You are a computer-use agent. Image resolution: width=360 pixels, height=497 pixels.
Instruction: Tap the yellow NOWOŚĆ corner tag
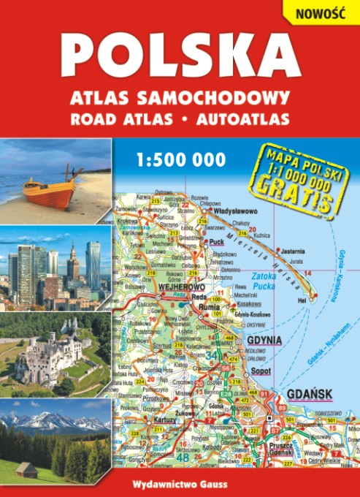click(319, 10)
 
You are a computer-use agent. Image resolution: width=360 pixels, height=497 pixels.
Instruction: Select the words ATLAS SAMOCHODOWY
click(180, 97)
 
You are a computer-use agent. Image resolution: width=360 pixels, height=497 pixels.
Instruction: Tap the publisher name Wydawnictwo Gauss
click(180, 483)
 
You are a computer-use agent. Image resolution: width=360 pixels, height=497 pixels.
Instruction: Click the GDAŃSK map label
click(310, 394)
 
